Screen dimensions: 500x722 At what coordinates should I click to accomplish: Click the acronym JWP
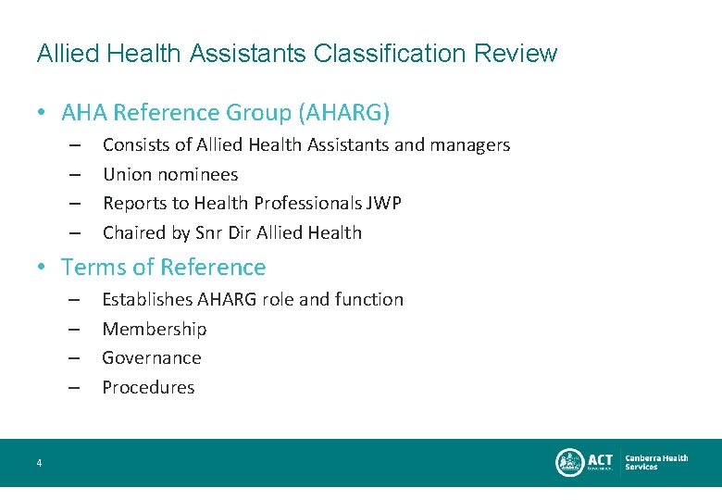384,203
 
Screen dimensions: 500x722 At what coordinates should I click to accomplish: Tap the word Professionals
306,203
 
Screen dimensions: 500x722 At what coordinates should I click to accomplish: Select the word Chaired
135,232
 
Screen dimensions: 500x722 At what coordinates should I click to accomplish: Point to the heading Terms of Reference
163,268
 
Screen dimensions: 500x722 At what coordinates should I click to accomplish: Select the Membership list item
155,329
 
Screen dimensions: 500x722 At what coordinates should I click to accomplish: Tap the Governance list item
152,357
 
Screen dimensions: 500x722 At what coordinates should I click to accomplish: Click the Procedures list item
148,387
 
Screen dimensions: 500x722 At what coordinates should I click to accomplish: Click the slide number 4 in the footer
39,463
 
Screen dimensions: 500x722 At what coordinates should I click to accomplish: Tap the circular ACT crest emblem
568,462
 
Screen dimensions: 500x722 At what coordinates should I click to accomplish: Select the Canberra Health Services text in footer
656,462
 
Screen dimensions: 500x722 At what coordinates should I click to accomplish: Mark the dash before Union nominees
75,174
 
